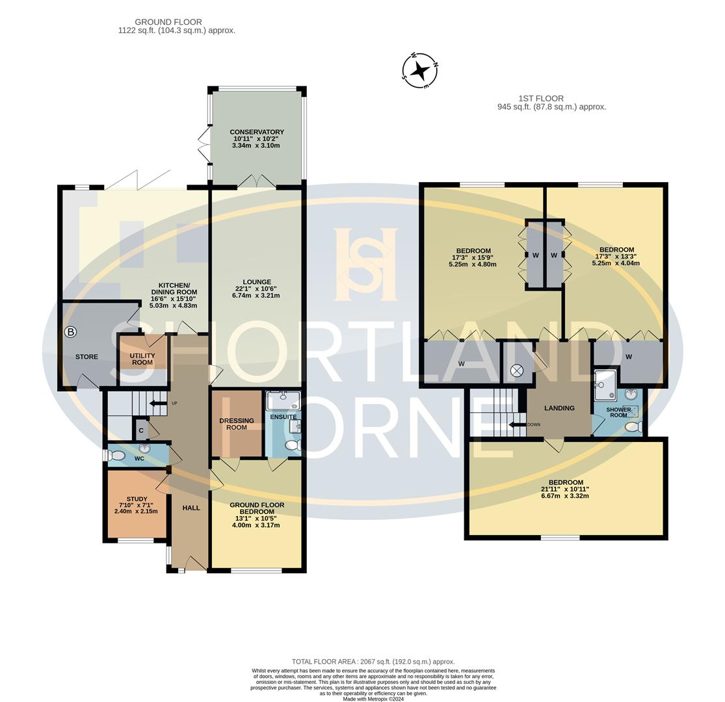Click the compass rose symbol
click(420, 71)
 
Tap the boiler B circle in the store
click(70, 331)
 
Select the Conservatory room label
click(257, 132)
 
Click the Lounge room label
click(257, 282)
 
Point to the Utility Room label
click(142, 359)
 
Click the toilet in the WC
click(117, 456)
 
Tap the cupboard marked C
click(141, 430)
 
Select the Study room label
click(137, 499)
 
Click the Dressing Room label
click(237, 424)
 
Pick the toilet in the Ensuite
click(292, 445)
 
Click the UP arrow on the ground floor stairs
click(158, 404)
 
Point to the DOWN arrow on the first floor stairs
click(517, 424)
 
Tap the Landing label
click(559, 408)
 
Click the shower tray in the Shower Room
click(605, 385)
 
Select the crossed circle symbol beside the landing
click(516, 370)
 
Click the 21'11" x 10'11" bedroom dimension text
click(565, 489)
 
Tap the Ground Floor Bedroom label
click(257, 508)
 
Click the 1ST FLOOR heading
click(541, 98)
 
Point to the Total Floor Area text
click(373, 662)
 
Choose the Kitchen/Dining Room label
click(174, 289)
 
